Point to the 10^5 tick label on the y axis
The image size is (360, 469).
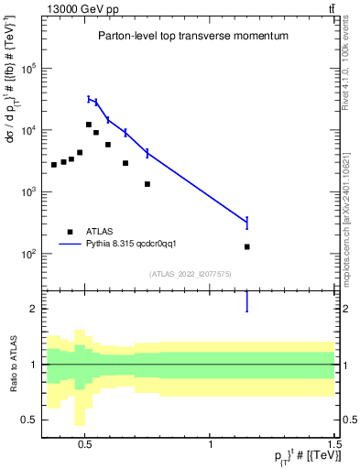coord(28,69)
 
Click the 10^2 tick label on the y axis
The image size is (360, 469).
coord(28,254)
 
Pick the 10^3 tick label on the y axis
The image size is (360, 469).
coord(28,192)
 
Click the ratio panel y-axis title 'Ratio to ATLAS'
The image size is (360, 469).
coord(13,365)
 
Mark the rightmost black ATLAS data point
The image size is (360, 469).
coord(247,247)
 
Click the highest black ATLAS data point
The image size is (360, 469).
coord(89,125)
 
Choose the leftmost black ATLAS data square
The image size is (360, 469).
coord(54,165)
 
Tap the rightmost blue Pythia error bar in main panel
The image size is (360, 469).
coord(247,222)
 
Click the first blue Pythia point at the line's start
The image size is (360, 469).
coord(89,99)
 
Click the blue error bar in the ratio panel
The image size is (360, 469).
coord(247,301)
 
